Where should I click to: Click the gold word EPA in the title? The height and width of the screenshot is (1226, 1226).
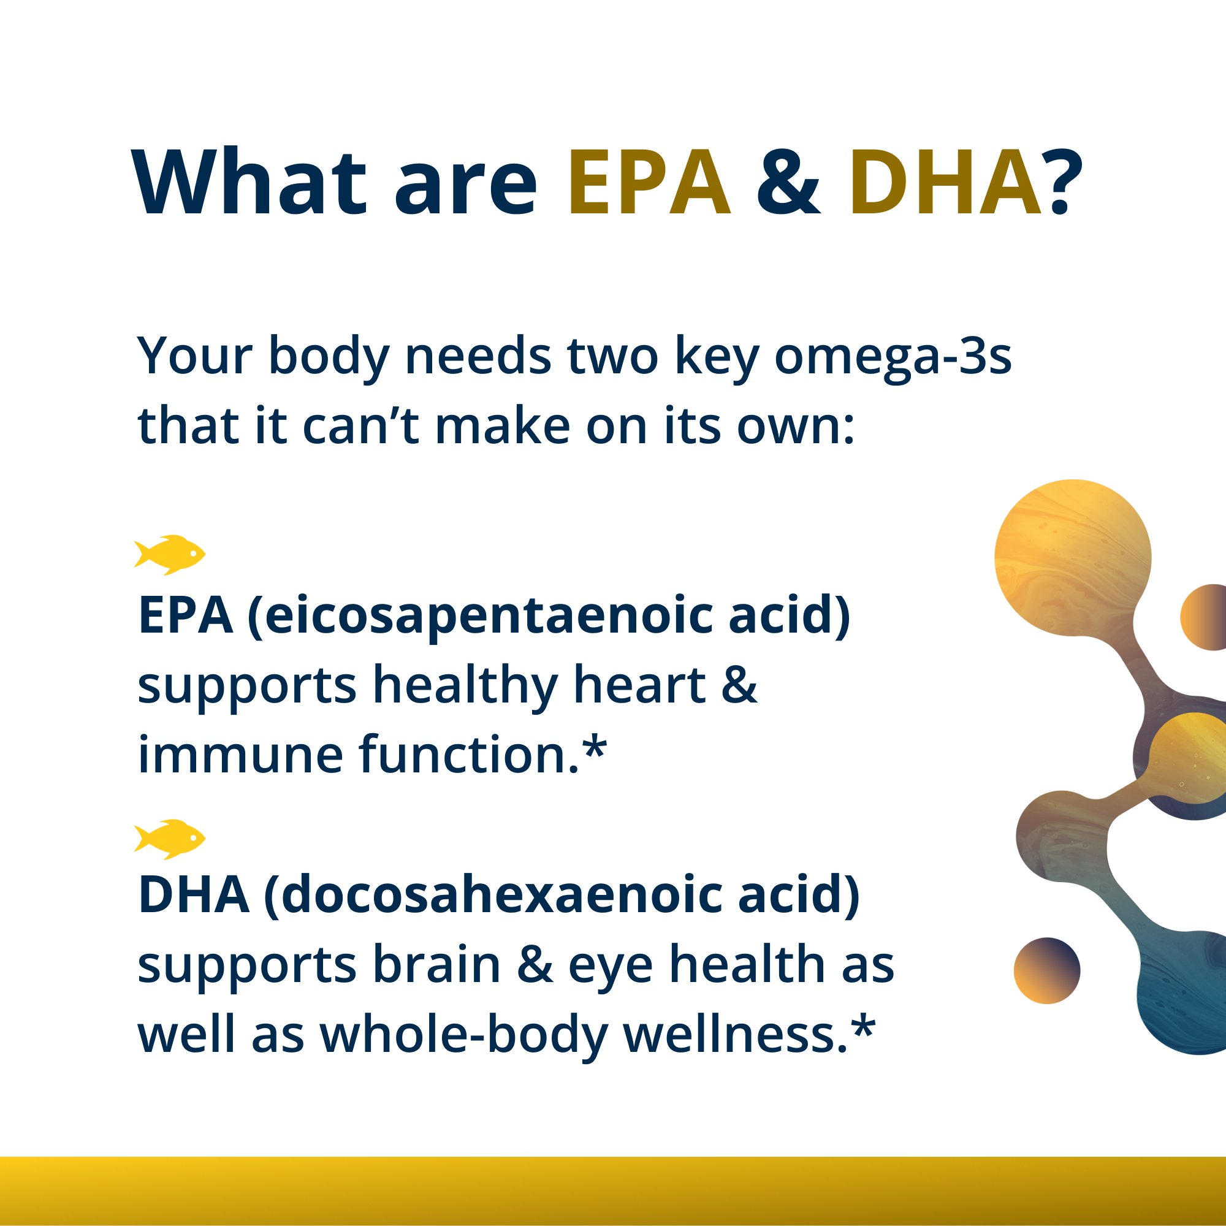(x=649, y=184)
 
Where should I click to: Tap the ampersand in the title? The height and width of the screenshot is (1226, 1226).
(x=789, y=184)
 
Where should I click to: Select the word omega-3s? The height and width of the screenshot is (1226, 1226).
(x=892, y=357)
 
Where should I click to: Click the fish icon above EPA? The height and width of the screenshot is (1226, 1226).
(x=169, y=555)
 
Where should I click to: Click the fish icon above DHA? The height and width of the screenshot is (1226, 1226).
(x=169, y=839)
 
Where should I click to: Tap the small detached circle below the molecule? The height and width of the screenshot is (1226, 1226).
(x=1046, y=970)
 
